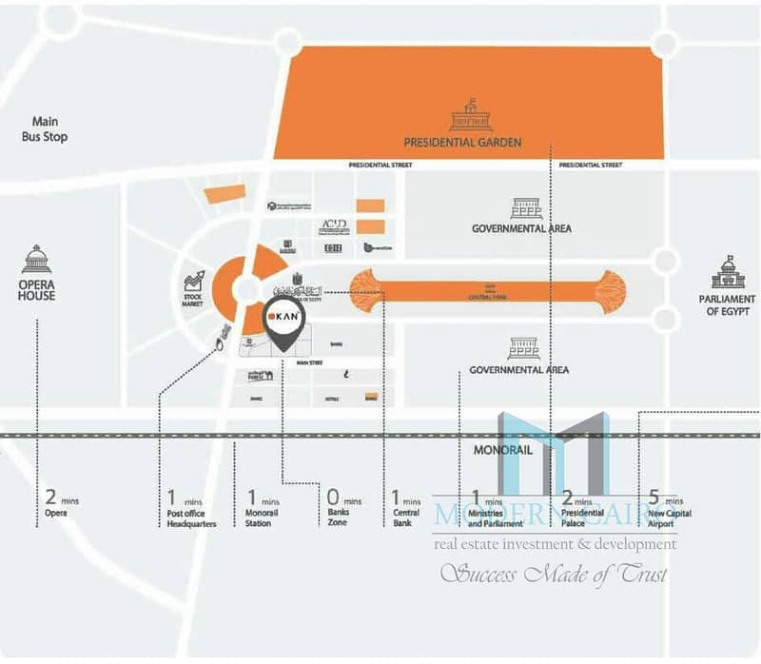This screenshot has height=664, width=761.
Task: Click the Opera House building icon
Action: (36, 260)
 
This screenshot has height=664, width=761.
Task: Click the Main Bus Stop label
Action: (44, 128)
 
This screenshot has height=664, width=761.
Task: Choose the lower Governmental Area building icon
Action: (523, 348)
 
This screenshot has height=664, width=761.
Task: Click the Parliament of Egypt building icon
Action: (729, 273)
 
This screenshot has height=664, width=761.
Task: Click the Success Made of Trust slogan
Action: (552, 574)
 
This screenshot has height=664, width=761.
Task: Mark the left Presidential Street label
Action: (379, 165)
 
